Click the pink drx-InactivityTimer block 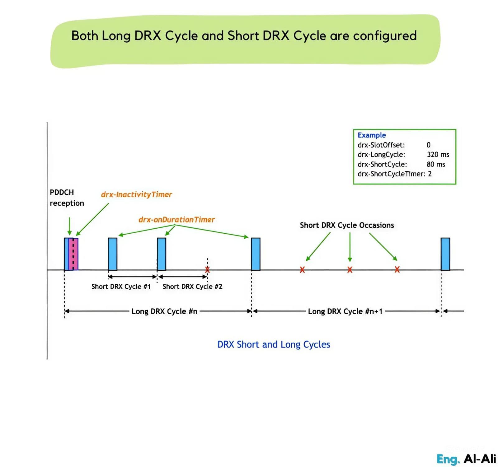tap(74, 254)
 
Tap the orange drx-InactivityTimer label tap(136, 195)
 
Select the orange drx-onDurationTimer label tap(176, 220)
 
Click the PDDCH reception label tap(67, 198)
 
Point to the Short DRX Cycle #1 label tap(121, 287)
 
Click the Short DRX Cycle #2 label tap(192, 287)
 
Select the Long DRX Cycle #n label tap(164, 311)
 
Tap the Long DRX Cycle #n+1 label tap(345, 311)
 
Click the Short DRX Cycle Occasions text tap(347, 225)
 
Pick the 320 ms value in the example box tap(438, 155)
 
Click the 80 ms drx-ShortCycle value tap(436, 164)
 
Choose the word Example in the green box tap(372, 135)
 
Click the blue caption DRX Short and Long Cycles tap(274, 344)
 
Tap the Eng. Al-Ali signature tap(466, 459)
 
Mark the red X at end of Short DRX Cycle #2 tap(207, 270)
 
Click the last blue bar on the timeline tap(445, 254)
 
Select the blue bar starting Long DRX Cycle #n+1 tap(256, 254)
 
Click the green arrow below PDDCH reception tap(69, 226)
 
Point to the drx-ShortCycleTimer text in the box tap(391, 174)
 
